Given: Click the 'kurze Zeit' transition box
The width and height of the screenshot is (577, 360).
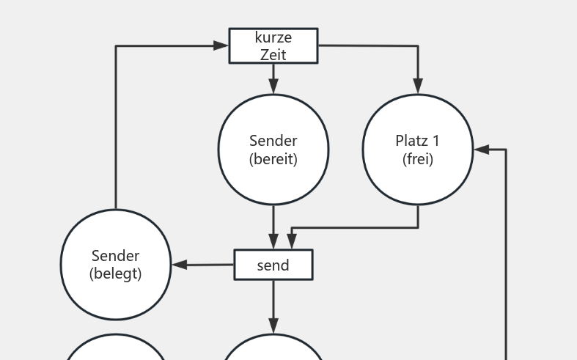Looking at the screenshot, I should point(273,45).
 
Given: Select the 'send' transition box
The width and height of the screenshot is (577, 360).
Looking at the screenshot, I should point(273,265).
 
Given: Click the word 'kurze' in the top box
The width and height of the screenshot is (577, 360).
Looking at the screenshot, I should point(273,37).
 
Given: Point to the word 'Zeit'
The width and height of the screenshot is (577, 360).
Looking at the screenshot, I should point(273,54).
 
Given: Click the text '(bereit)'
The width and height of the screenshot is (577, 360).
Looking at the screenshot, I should point(273,159).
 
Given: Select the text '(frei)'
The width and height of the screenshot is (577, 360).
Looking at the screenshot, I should point(418,159).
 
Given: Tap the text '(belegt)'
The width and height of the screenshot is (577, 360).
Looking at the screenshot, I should point(116,274).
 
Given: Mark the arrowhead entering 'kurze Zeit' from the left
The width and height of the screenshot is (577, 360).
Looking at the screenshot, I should point(221,45).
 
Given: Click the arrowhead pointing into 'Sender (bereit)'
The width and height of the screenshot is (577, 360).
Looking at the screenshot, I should point(273,87).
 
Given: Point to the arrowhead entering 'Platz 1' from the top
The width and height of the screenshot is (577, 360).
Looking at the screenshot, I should point(418,87).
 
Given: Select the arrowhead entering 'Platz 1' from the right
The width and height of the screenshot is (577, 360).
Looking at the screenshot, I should point(481,150).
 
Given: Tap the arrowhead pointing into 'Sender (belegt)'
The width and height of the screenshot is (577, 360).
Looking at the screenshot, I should point(179,265).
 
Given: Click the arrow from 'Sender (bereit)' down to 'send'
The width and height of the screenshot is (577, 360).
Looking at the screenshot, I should point(273,224).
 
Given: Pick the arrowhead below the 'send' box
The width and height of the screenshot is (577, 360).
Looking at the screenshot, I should point(273,326).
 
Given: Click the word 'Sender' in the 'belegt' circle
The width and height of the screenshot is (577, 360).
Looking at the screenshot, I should point(116,256).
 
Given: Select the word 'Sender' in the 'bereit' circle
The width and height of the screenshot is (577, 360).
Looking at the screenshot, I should point(273,141).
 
